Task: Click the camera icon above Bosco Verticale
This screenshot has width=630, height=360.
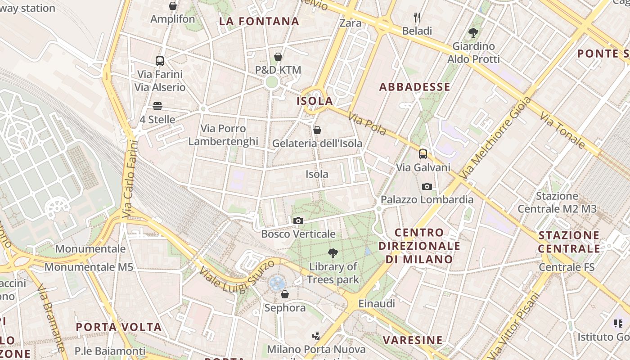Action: (x=298, y=220)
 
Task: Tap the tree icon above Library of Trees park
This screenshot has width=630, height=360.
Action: (x=333, y=253)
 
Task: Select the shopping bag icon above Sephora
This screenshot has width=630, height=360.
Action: (x=284, y=294)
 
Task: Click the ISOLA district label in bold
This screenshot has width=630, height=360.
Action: (x=315, y=101)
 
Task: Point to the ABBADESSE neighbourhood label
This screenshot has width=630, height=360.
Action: (x=414, y=87)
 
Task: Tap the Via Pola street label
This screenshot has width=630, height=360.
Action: (x=367, y=124)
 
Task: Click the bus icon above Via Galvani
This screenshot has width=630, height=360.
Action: (x=423, y=154)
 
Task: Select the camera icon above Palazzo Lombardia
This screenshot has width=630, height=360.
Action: (x=427, y=186)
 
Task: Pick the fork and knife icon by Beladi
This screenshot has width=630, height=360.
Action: (x=417, y=18)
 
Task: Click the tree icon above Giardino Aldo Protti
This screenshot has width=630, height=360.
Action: (x=473, y=32)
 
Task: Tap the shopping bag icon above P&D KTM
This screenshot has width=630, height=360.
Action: (x=278, y=57)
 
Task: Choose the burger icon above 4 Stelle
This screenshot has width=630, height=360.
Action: (x=157, y=106)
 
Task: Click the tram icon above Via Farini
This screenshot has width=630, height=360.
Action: (x=159, y=61)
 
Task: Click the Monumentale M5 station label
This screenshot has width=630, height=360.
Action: (x=89, y=267)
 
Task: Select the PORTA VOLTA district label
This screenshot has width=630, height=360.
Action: (x=118, y=327)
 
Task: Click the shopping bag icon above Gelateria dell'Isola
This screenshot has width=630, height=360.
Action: (x=317, y=130)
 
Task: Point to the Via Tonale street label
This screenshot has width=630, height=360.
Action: (x=562, y=131)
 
